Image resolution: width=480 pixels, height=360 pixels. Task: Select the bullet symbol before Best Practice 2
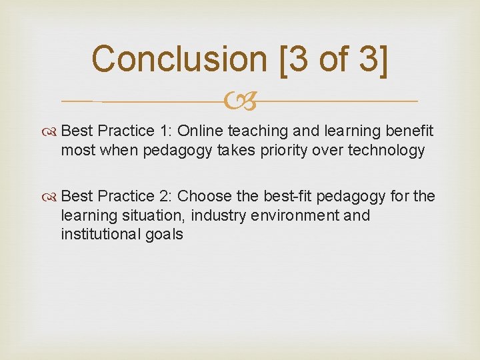[x=52, y=197]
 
